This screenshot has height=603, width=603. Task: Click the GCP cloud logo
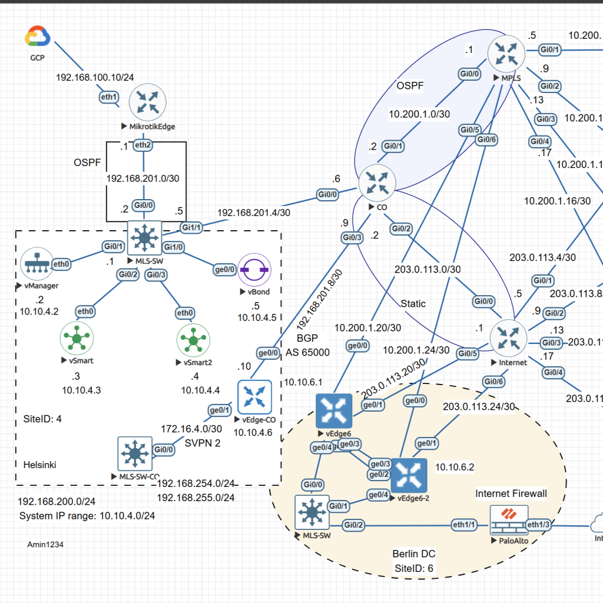[x=38, y=37]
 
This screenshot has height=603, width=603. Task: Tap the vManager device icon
[x=37, y=265]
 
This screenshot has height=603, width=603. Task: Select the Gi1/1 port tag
[x=190, y=227]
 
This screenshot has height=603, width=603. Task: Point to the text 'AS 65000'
[x=307, y=353]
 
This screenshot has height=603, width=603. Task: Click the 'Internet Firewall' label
[x=511, y=493]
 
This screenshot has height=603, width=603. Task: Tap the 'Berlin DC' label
[x=414, y=554]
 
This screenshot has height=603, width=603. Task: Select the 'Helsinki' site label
[x=40, y=465]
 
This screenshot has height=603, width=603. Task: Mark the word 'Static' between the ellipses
[x=413, y=304]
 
